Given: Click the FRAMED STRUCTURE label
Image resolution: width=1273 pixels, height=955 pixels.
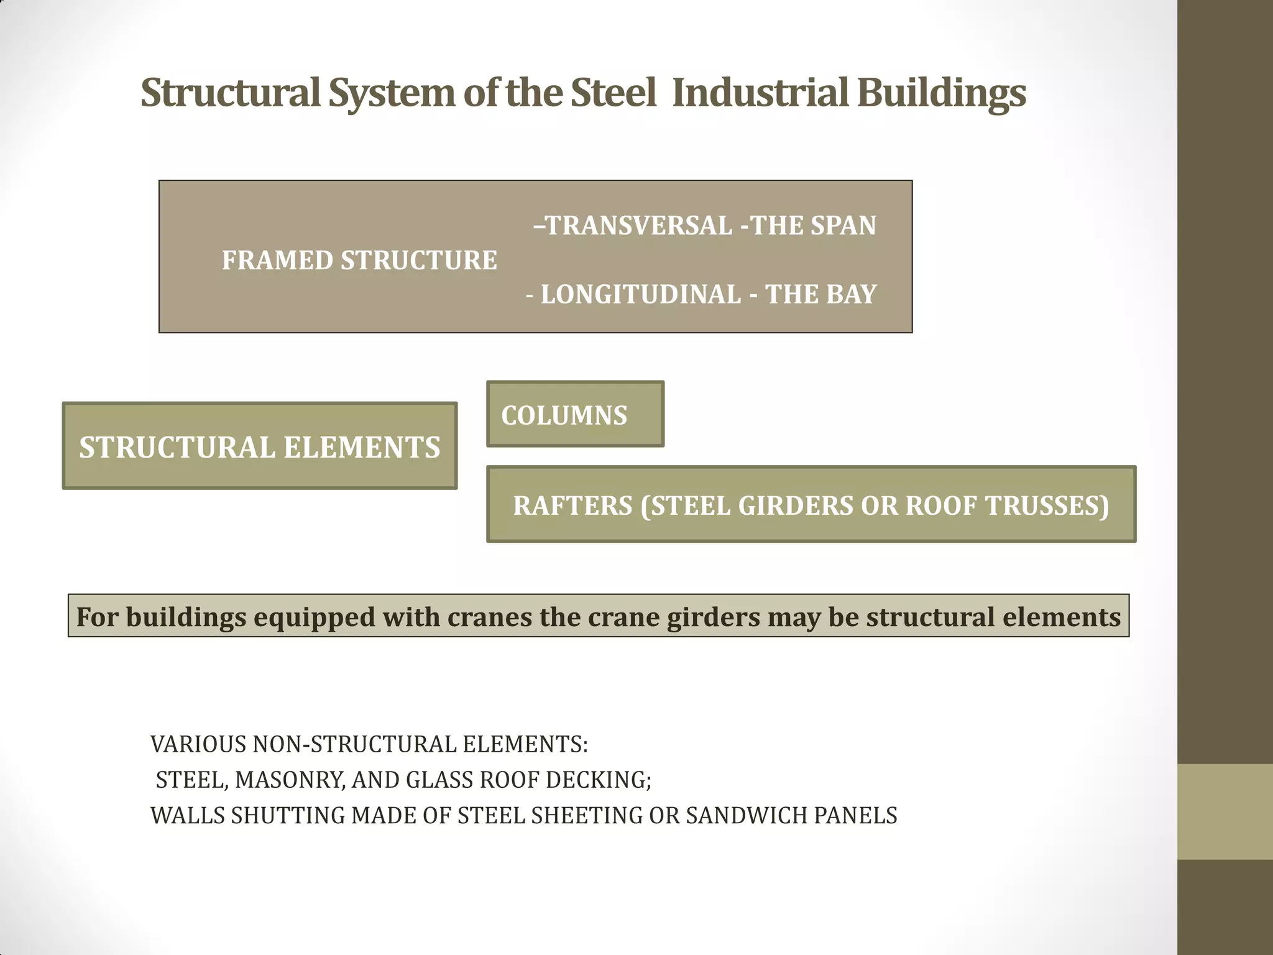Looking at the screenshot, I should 359,261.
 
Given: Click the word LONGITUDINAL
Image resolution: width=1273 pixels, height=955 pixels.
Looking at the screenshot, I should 641,295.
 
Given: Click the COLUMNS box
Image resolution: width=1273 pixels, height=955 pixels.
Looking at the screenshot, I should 575,415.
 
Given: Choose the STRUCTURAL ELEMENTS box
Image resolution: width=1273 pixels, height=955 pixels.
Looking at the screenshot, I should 260,446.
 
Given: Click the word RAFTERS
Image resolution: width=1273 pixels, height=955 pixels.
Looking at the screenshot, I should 572,505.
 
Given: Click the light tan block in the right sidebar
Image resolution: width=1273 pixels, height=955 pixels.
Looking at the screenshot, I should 1225,811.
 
